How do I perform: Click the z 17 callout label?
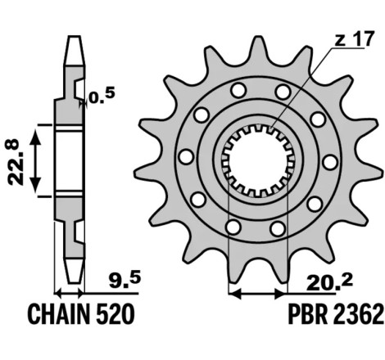(354, 38)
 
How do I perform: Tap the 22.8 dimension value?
(14, 162)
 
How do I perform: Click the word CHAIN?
(59, 314)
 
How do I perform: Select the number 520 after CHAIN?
(115, 314)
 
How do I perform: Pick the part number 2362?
(358, 314)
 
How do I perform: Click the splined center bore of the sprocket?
(258, 161)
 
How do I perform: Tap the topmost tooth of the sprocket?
(258, 51)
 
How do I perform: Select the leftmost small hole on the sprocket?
(187, 157)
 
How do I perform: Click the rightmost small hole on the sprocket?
(330, 162)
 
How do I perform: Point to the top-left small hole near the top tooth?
(238, 90)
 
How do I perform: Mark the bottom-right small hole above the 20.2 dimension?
(278, 228)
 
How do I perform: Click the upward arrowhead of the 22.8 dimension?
(35, 137)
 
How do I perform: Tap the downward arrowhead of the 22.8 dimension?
(35, 185)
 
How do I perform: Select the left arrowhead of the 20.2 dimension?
(234, 294)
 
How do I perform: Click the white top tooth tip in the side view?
(75, 51)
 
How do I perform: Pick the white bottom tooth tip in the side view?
(74, 271)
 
